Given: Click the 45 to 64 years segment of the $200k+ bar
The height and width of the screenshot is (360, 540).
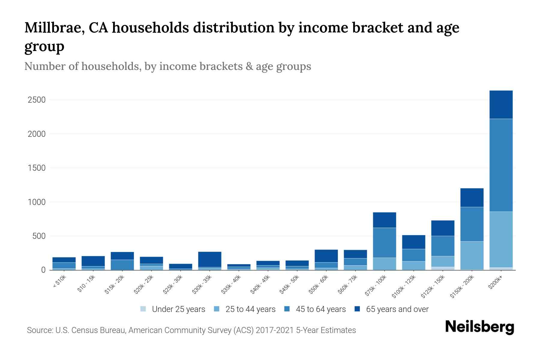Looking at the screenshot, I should (x=501, y=165).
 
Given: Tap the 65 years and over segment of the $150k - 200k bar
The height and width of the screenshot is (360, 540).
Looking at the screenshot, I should (x=472, y=197).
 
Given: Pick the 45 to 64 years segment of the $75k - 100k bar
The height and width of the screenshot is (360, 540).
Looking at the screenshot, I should (x=384, y=242).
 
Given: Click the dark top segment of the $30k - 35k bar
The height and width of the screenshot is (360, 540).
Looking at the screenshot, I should (x=210, y=259).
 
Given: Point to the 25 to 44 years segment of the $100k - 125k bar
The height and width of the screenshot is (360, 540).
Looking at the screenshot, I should (x=413, y=265).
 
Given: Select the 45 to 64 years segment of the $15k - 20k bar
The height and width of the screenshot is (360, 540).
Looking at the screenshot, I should (x=122, y=265).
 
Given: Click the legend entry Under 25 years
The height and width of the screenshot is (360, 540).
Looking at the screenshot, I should (x=178, y=309).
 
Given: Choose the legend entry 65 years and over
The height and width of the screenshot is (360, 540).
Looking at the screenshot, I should (x=397, y=309).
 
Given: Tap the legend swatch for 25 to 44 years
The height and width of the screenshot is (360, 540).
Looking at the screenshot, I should (x=217, y=309).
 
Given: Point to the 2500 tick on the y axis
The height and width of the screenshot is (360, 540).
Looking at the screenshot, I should (x=37, y=100).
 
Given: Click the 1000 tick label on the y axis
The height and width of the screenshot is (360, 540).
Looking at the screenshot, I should (x=37, y=202).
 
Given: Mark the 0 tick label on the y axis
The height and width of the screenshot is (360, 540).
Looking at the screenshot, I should (x=43, y=270).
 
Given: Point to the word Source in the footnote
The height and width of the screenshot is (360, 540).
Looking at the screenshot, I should (x=39, y=330).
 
